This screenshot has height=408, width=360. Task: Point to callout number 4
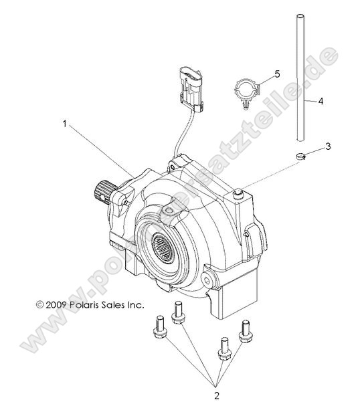(321, 102)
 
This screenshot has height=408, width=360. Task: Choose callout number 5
(276, 72)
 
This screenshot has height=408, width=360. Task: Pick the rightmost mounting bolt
(245, 329)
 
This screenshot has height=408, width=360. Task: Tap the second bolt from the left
(179, 312)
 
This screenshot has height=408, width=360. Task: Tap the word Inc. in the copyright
(134, 304)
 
